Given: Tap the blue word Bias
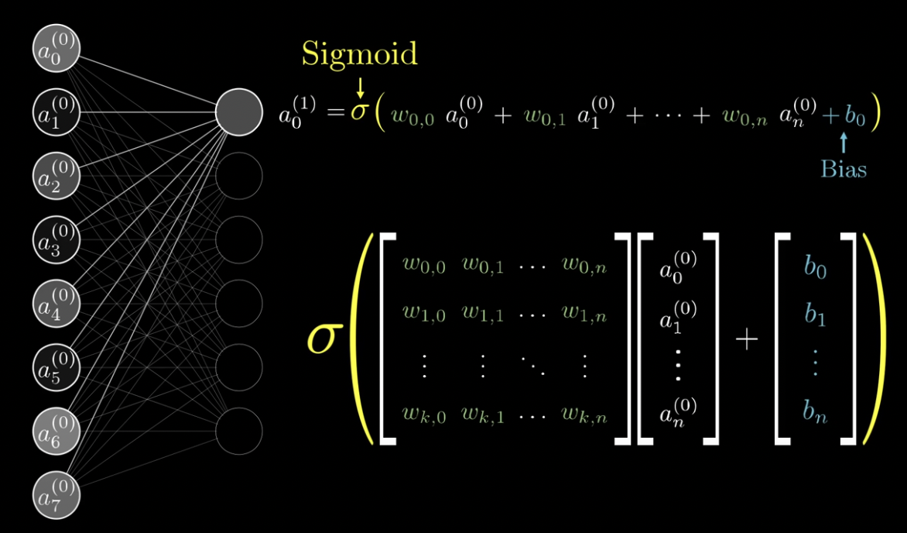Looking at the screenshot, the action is tap(844, 169).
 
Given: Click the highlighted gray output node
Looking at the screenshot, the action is tap(238, 112).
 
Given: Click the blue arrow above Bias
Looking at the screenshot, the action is tap(844, 143).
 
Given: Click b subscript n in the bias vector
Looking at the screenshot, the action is tap(815, 414).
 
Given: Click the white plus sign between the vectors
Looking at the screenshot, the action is tap(746, 339).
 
